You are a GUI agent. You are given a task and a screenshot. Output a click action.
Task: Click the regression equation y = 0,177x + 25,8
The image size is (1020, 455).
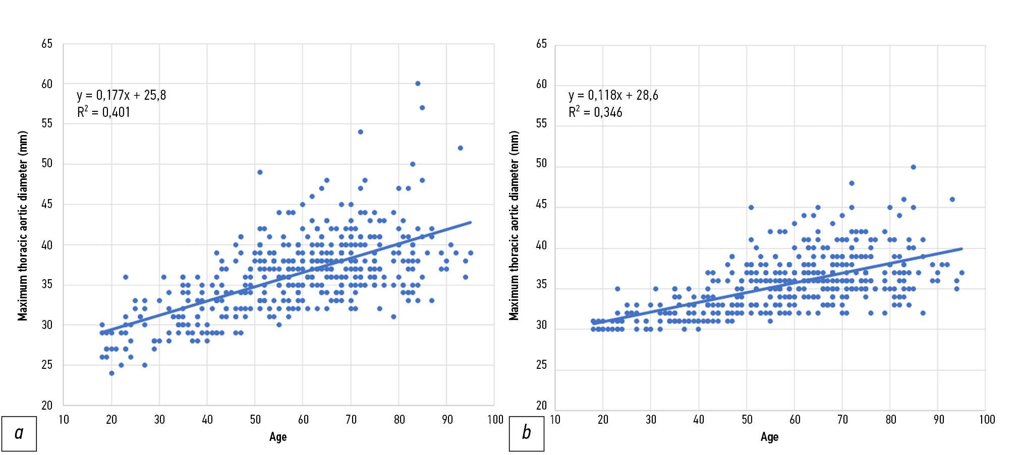pos(121,95)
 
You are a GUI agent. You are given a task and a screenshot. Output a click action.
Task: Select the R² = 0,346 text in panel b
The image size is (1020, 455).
pos(595,112)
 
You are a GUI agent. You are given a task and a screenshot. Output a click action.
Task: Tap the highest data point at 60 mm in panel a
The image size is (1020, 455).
pos(418,84)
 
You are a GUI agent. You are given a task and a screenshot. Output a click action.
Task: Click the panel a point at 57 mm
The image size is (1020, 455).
pos(422,108)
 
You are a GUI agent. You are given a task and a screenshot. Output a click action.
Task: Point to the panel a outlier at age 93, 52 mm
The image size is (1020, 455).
pos(460,148)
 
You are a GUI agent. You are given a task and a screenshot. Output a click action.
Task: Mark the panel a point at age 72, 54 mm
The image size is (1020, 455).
pos(360,132)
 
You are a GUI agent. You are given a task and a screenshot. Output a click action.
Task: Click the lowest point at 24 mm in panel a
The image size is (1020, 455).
pos(111,373)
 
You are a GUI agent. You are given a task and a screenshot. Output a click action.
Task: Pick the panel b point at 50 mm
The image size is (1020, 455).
pos(913,167)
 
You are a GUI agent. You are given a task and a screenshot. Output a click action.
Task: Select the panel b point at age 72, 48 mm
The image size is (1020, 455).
pos(852,183)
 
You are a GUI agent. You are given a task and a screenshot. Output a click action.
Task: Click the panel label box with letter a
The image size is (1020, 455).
pos(19,433)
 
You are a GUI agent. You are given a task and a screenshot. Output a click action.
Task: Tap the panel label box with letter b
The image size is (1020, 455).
pos(526,433)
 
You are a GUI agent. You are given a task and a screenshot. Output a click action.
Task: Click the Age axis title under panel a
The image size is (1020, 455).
pos(278,437)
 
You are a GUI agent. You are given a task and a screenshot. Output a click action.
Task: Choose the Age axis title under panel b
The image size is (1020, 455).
pos(769,437)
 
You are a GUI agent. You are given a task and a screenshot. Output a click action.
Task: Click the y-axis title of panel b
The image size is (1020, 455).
pos(514,226)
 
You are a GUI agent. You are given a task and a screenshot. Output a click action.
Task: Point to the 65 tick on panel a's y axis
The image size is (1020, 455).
pos(47,44)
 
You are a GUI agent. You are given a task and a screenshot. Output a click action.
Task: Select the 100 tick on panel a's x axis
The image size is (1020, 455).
pos(495,420)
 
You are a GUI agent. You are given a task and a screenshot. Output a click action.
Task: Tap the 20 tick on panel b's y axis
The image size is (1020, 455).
pos(541,405)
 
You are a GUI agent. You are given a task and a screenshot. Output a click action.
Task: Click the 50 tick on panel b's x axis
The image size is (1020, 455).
pos(747,420)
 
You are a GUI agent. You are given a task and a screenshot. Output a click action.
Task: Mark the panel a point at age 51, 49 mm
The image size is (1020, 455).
pos(260,172)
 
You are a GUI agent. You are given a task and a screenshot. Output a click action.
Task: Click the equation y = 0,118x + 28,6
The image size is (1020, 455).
pos(613,95)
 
